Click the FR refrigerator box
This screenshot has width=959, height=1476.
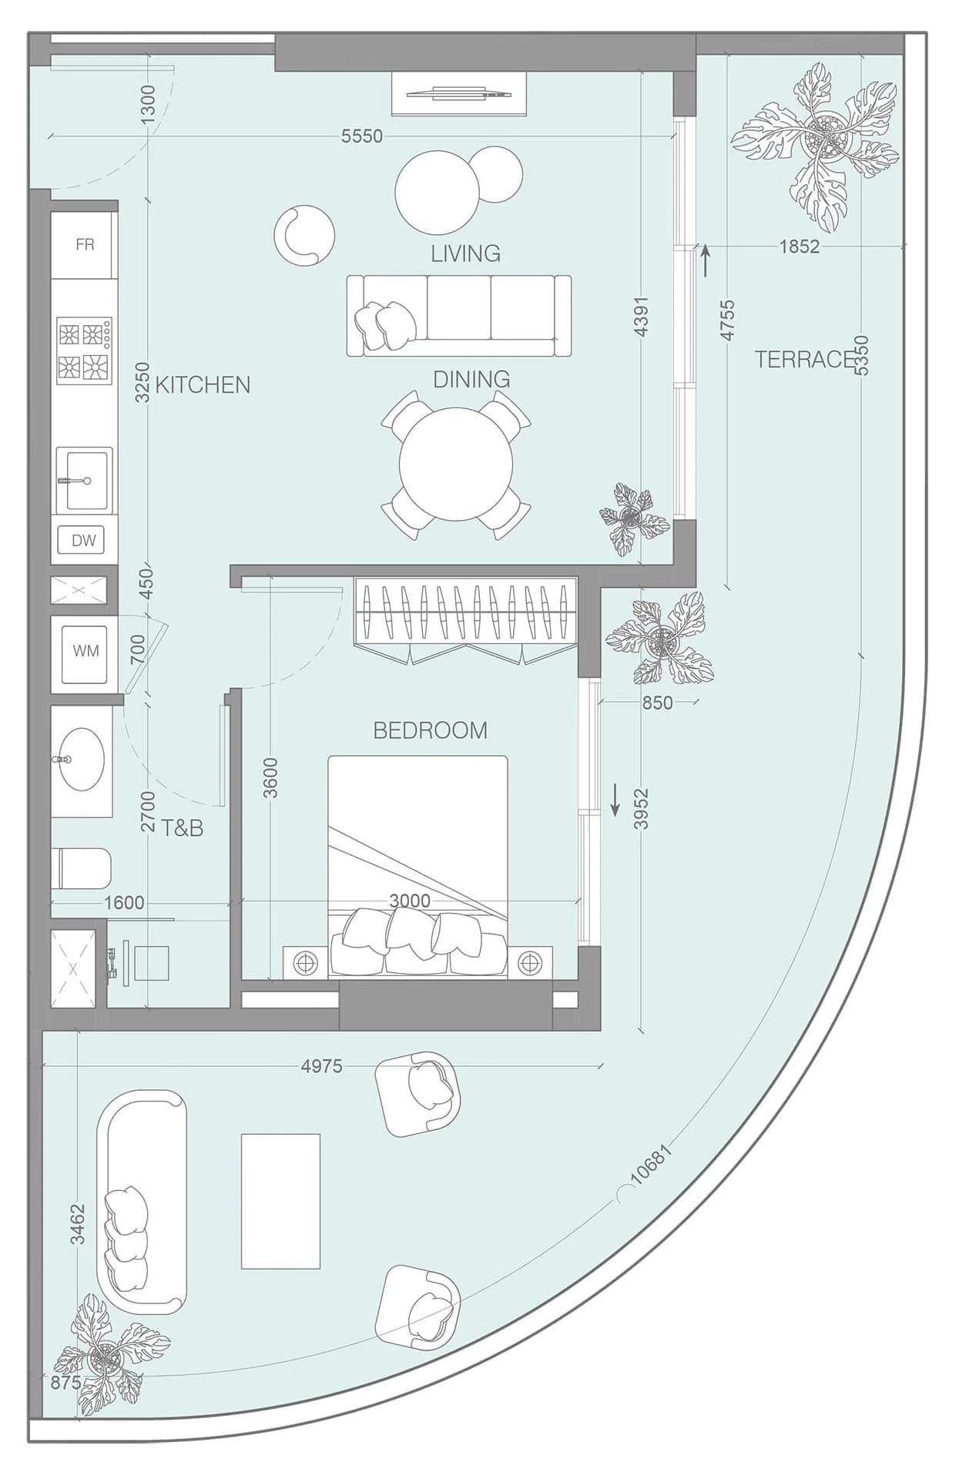[84, 245]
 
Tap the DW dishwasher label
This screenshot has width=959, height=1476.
[83, 540]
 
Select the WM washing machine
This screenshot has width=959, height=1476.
[85, 650]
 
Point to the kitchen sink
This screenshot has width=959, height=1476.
[85, 481]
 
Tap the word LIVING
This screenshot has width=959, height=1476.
[465, 253]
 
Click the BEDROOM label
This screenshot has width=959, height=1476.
[430, 730]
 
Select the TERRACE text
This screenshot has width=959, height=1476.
[805, 359]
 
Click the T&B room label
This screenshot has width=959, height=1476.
[183, 828]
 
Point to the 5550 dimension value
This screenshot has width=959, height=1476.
[361, 136]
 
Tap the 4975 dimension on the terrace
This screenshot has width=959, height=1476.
[321, 1066]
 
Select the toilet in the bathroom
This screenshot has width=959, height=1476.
[81, 868]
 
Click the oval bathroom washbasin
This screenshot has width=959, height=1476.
[82, 760]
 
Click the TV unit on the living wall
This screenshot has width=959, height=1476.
[459, 94]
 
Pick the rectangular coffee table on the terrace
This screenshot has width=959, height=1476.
[280, 1201]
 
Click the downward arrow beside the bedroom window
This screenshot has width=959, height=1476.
[615, 800]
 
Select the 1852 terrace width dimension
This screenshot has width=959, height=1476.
[800, 247]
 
